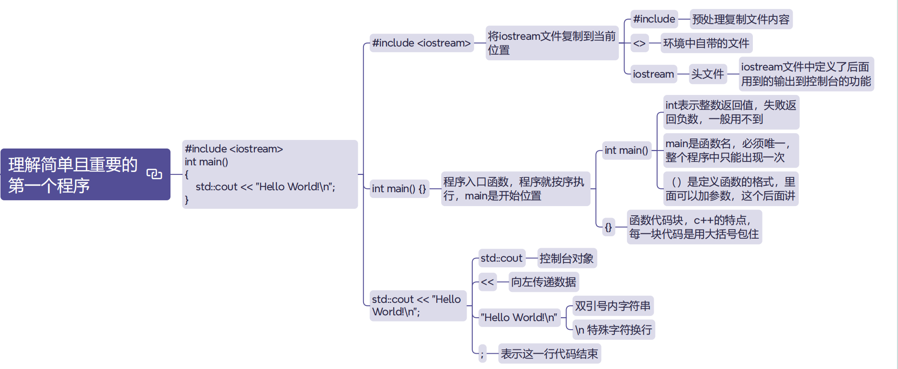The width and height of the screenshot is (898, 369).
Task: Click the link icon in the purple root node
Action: (x=154, y=174)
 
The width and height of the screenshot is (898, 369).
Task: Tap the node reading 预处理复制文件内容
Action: (x=740, y=20)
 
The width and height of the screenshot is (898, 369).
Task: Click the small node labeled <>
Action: (x=639, y=44)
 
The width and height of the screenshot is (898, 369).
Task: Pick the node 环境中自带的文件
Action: (x=706, y=44)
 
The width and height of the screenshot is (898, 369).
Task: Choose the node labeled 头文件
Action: (x=707, y=74)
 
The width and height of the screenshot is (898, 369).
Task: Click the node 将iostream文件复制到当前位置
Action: (x=551, y=43)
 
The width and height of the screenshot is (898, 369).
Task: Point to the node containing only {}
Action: (x=608, y=227)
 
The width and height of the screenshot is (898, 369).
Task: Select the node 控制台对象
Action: (x=567, y=259)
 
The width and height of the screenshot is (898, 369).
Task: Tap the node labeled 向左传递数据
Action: (x=543, y=282)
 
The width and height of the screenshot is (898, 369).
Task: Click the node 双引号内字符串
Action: (x=613, y=306)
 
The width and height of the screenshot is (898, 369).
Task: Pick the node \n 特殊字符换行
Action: (x=614, y=330)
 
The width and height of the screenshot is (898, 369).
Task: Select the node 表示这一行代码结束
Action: (x=549, y=354)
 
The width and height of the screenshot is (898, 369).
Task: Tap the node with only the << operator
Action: (x=487, y=282)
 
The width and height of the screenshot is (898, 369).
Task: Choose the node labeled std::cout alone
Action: (x=501, y=259)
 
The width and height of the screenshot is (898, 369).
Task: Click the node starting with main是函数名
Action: (x=730, y=150)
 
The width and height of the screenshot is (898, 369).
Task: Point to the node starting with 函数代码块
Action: (x=694, y=227)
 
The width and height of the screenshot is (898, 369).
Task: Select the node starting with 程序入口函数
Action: (x=515, y=189)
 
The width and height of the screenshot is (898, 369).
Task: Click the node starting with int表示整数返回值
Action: (x=730, y=112)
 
